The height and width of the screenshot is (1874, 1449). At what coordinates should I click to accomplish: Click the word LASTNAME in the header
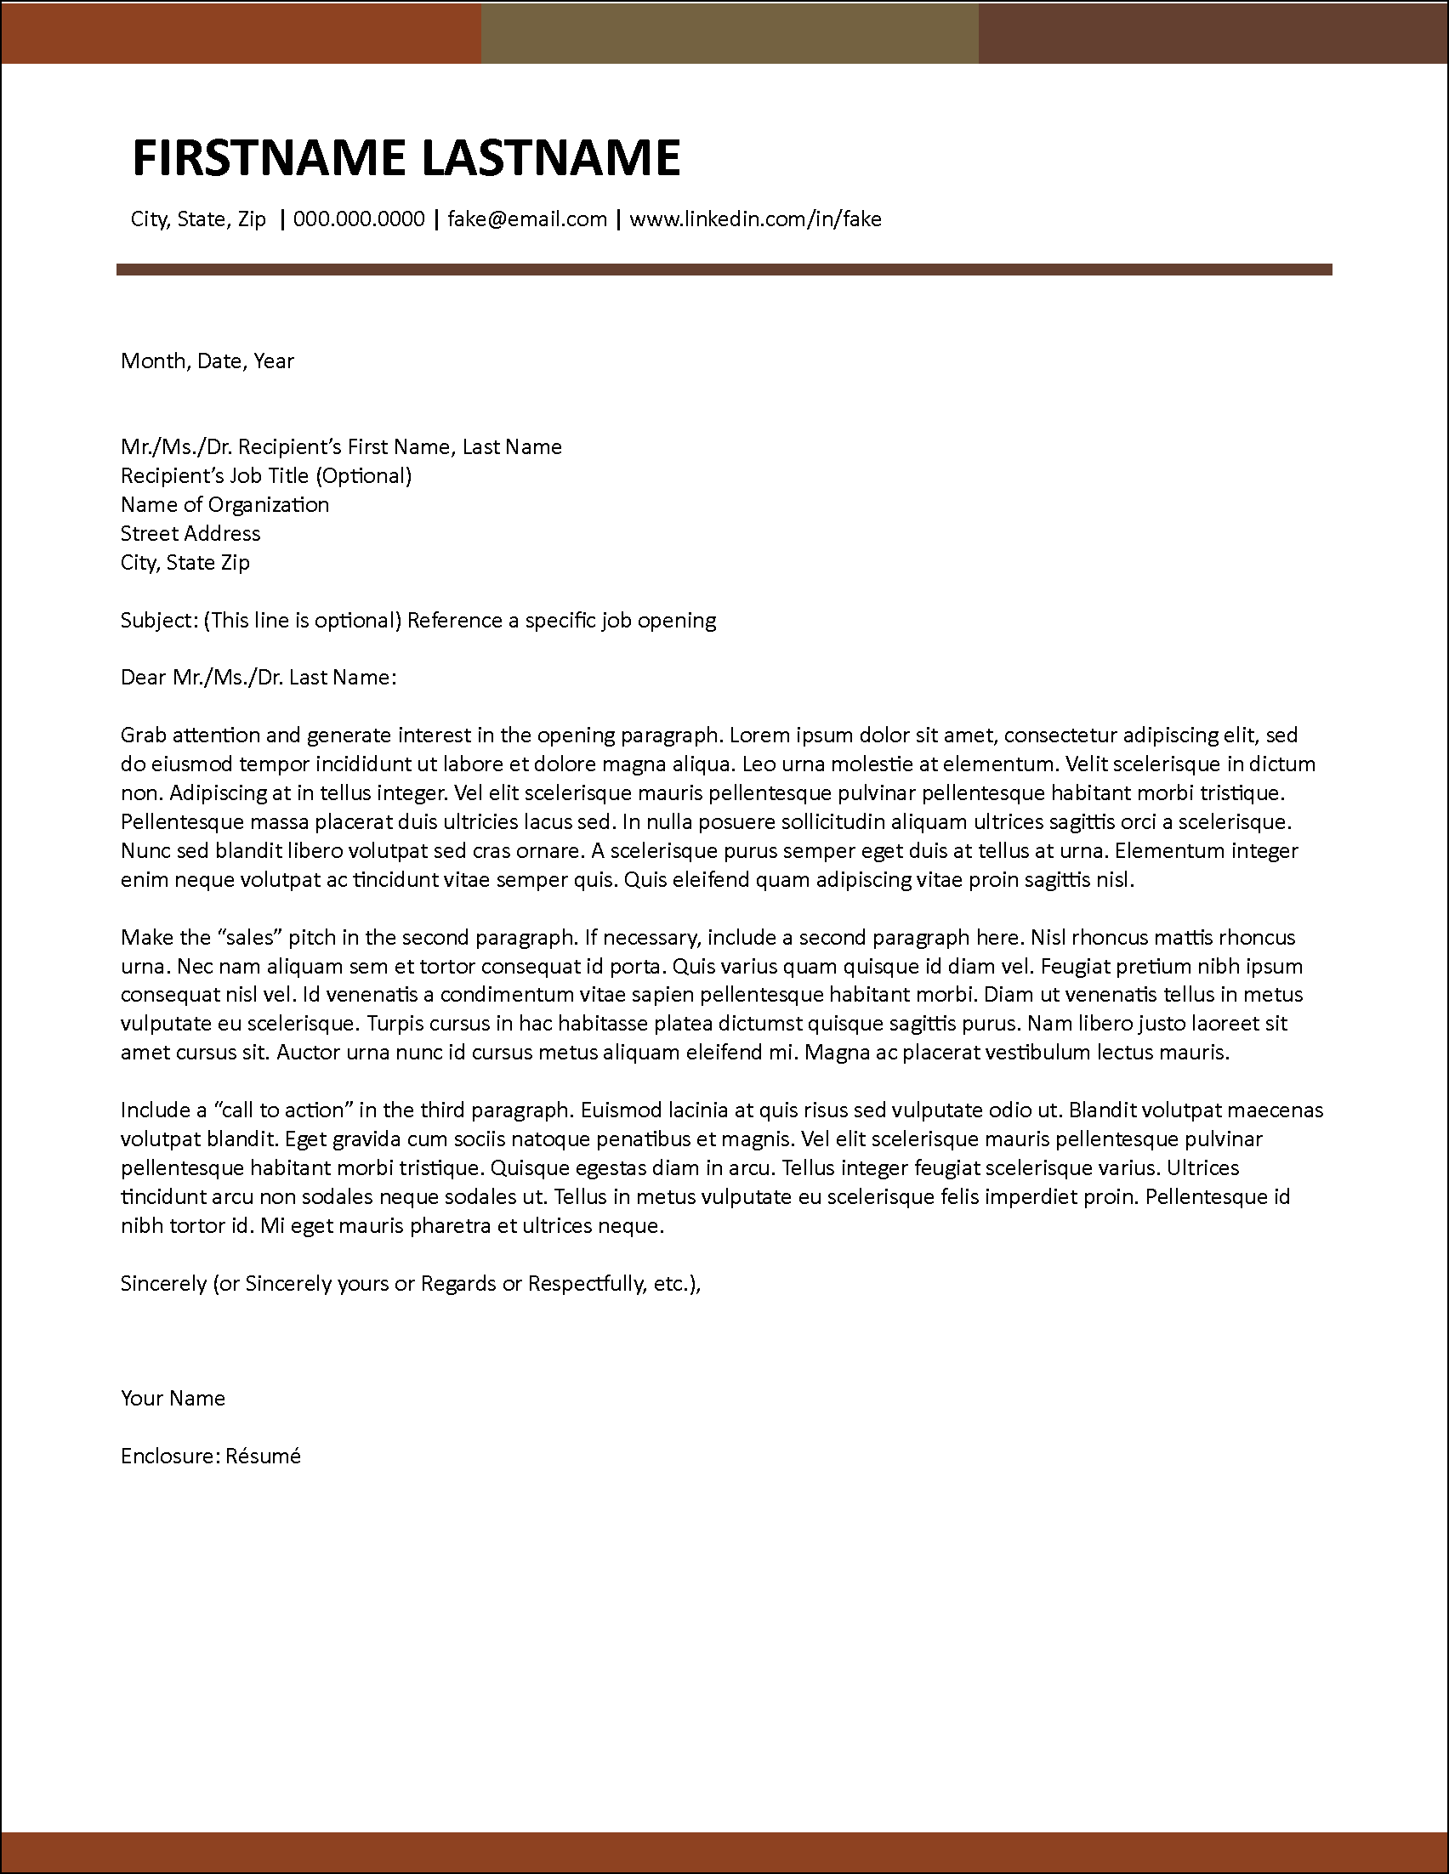(550, 158)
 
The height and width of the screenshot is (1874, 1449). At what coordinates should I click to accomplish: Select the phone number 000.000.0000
(359, 219)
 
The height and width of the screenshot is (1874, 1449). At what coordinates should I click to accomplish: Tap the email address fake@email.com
(526, 219)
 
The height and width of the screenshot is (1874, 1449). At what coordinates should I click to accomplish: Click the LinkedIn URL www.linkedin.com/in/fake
(755, 219)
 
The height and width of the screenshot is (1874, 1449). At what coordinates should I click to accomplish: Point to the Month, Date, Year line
(207, 361)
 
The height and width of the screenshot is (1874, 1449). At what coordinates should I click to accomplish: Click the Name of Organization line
(224, 504)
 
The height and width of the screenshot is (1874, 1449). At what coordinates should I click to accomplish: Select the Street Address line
(190, 534)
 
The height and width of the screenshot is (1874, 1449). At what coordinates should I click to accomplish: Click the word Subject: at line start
(159, 621)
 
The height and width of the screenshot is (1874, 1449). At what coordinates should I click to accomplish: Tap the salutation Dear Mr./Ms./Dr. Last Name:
(259, 678)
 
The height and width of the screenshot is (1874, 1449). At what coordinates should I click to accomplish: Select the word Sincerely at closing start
(163, 1284)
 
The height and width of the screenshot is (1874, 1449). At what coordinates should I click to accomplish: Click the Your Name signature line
(173, 1399)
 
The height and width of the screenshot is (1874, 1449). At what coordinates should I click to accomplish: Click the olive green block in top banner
(730, 31)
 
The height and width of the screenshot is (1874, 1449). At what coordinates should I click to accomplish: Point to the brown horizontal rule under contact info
(723, 270)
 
